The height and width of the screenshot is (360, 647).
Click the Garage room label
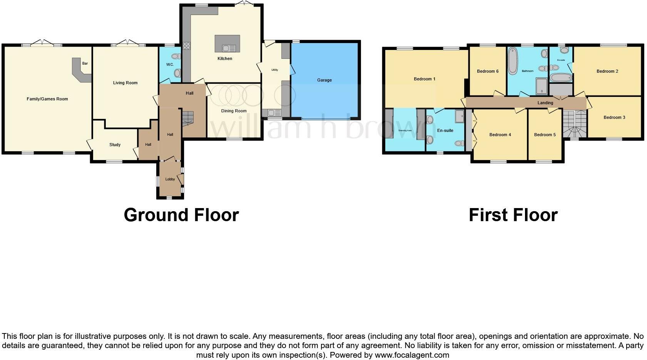[324, 80]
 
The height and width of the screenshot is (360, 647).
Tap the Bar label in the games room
[85, 63]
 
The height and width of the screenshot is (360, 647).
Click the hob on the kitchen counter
[186, 46]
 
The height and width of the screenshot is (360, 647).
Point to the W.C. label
[170, 65]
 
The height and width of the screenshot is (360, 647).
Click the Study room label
[115, 145]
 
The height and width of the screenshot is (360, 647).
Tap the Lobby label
[170, 179]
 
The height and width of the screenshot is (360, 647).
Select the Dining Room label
[234, 111]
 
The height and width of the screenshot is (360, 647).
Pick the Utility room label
[274, 70]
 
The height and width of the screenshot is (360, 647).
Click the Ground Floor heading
[181, 215]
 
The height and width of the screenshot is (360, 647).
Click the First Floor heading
[513, 215]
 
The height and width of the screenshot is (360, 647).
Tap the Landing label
[545, 103]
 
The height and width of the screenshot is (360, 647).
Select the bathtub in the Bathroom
[513, 61]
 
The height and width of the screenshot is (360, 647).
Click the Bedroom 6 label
[487, 71]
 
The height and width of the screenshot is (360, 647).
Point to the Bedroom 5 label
[545, 135]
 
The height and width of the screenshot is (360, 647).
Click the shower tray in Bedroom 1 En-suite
[460, 116]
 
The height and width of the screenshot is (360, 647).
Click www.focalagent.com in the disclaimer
[412, 355]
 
